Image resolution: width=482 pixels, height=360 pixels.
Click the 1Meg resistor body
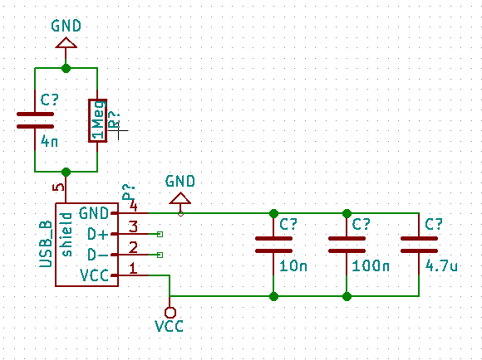click(x=98, y=120)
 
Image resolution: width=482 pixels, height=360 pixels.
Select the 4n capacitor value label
click(x=49, y=142)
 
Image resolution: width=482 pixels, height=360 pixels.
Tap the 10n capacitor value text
click(x=293, y=265)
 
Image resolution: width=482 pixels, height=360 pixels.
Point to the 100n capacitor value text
click(x=371, y=265)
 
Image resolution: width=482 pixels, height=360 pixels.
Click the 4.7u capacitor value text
click(x=441, y=265)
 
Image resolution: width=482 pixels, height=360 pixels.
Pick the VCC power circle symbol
click(x=170, y=313)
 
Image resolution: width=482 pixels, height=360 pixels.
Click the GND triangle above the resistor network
click(x=66, y=42)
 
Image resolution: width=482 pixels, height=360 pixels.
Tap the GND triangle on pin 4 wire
click(x=180, y=198)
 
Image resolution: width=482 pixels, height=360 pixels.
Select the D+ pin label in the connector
click(x=98, y=235)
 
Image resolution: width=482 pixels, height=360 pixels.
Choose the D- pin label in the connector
click(x=98, y=255)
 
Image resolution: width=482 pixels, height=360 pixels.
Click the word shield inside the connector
click(x=67, y=235)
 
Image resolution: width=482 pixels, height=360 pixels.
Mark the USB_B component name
click(x=46, y=245)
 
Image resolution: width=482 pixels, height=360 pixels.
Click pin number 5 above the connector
click(x=58, y=187)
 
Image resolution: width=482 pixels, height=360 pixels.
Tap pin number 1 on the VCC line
click(x=133, y=268)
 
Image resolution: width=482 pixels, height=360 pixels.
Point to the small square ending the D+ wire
click(x=160, y=235)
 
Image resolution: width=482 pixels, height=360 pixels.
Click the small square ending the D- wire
click(x=160, y=255)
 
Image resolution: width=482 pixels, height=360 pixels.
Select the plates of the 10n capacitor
click(x=273, y=245)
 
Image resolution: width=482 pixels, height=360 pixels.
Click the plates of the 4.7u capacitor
click(x=419, y=245)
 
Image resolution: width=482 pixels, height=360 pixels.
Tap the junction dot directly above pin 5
click(x=66, y=173)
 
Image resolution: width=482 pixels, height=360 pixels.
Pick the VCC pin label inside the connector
click(x=94, y=275)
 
